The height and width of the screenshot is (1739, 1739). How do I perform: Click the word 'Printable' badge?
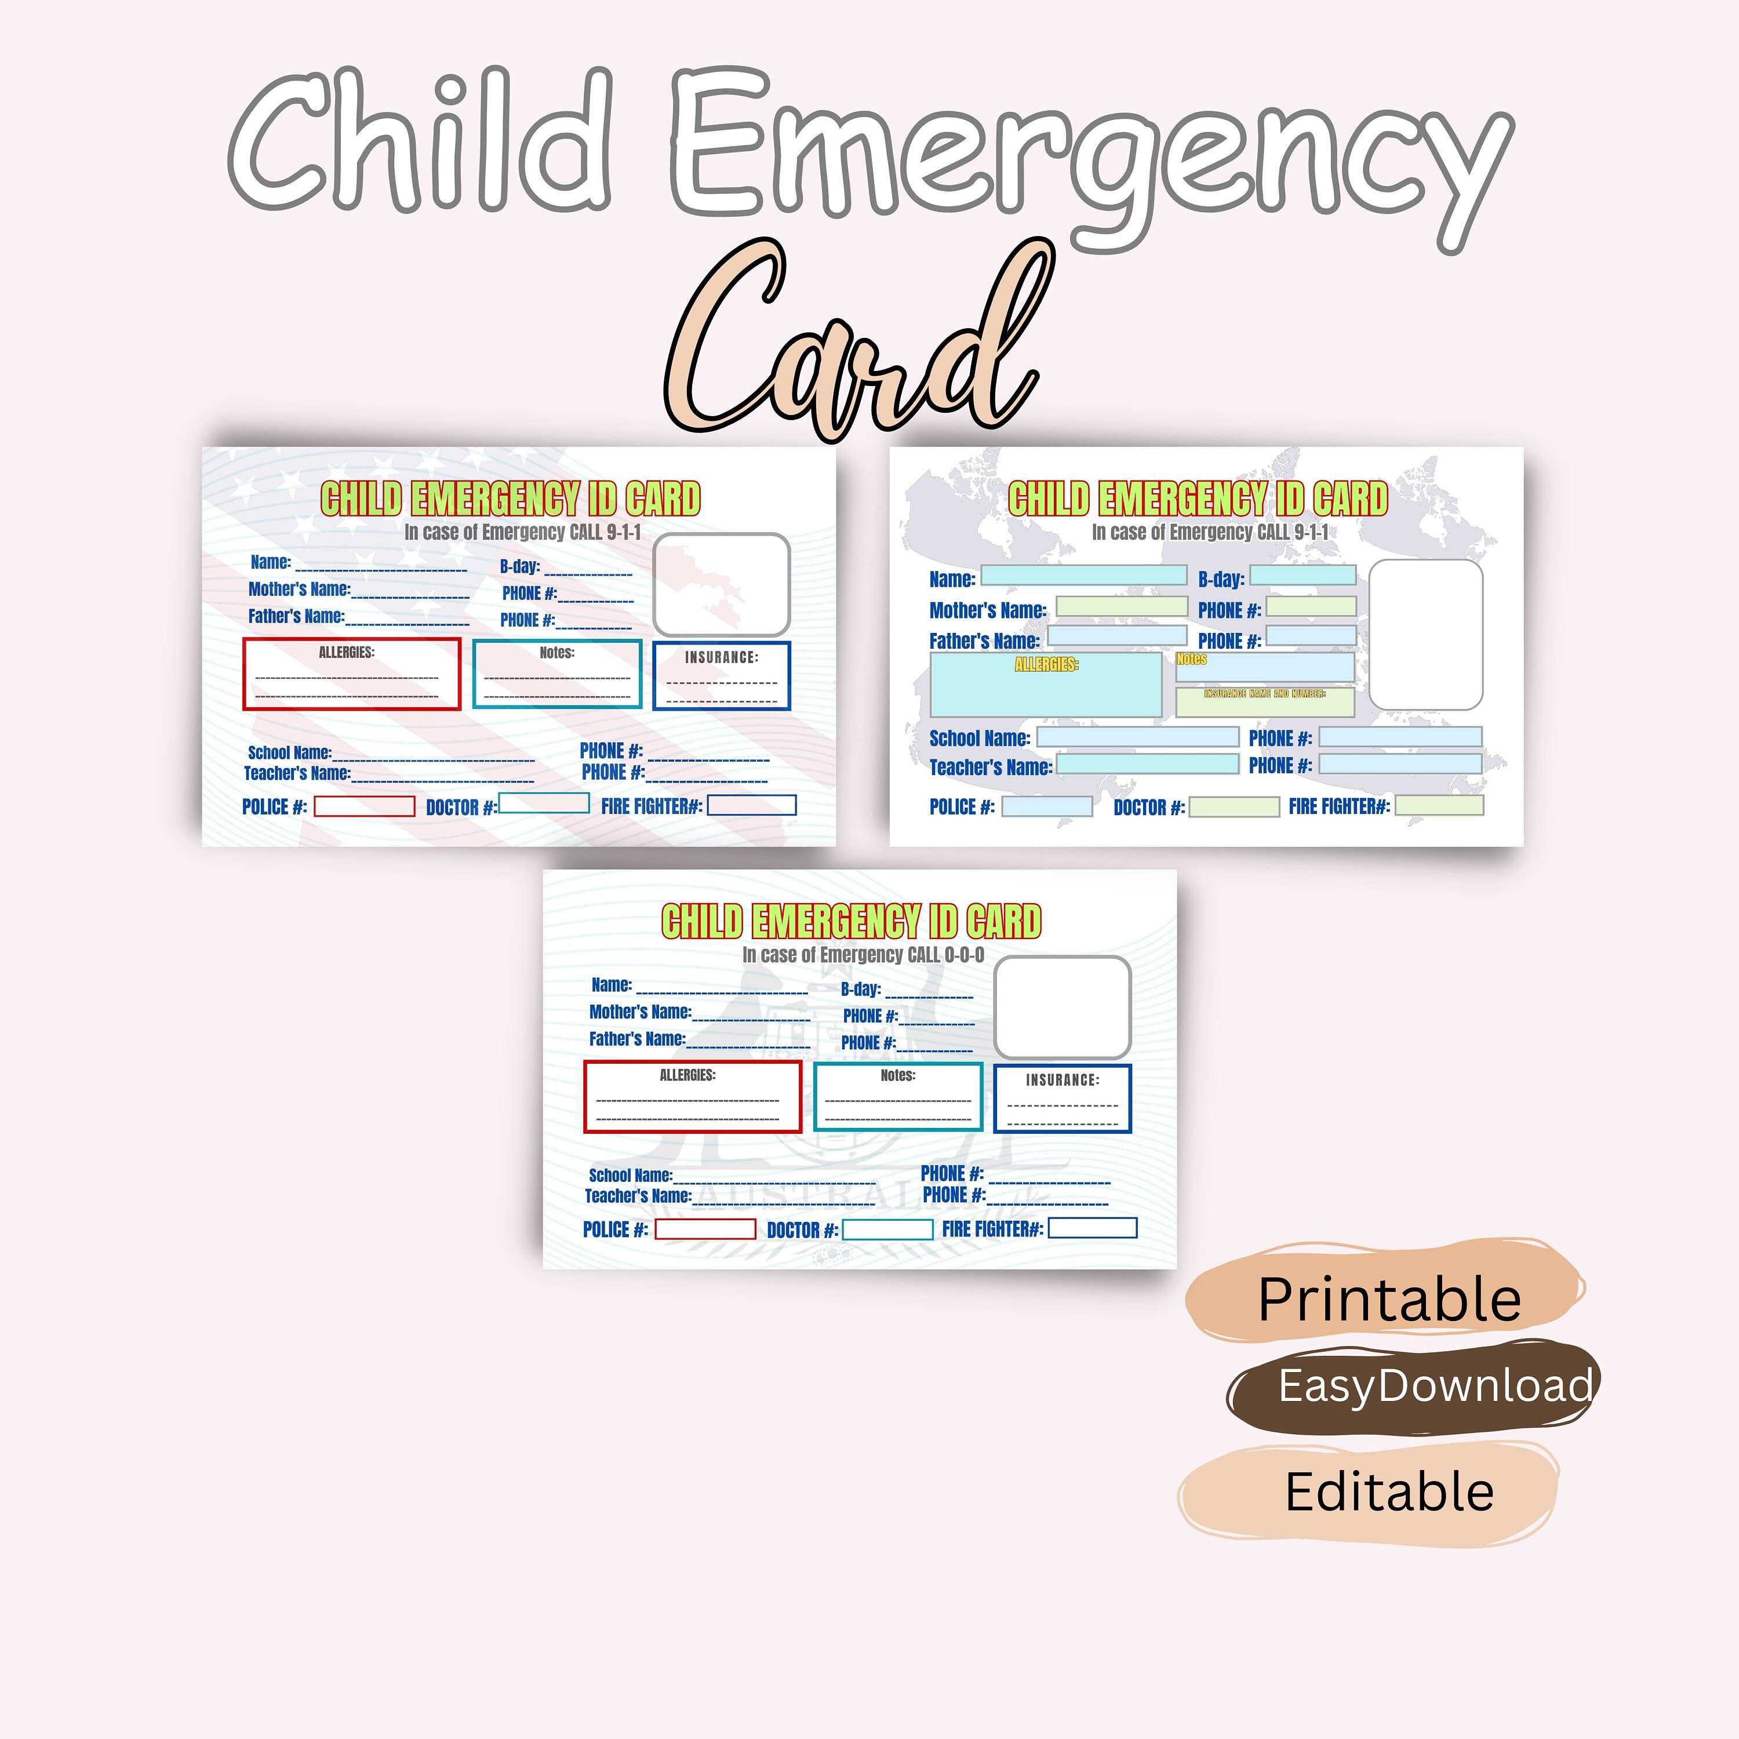[1388, 1300]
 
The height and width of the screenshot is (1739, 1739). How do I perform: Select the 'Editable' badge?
[1388, 1491]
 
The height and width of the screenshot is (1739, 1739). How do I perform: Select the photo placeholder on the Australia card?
[1061, 1006]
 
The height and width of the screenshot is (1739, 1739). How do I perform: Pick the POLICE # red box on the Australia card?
[705, 1229]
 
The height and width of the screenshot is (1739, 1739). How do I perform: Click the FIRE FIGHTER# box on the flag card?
[752, 806]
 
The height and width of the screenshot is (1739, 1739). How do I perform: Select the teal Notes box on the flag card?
[557, 674]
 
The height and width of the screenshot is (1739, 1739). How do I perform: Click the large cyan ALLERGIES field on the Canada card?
[1045, 686]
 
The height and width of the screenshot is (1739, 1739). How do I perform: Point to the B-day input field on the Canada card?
[1303, 575]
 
